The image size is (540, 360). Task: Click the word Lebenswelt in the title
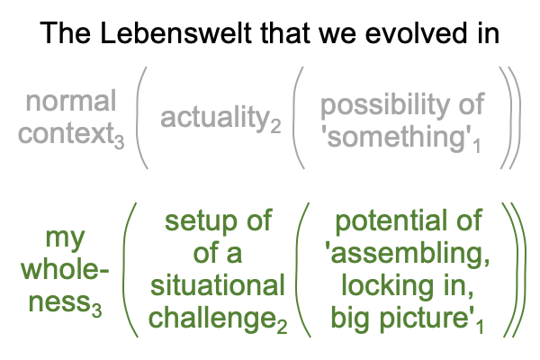(176, 33)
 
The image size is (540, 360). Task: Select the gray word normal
(71, 102)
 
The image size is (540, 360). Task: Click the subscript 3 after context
(119, 141)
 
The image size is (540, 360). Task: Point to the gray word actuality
(215, 117)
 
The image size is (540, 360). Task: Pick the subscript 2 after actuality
(275, 126)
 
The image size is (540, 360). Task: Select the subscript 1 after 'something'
(476, 146)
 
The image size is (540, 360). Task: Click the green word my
(65, 238)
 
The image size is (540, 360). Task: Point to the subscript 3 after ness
(97, 310)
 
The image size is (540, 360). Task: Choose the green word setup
(200, 220)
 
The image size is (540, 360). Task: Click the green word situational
(218, 285)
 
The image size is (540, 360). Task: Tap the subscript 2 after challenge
(282, 326)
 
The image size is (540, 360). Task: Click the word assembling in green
(408, 253)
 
